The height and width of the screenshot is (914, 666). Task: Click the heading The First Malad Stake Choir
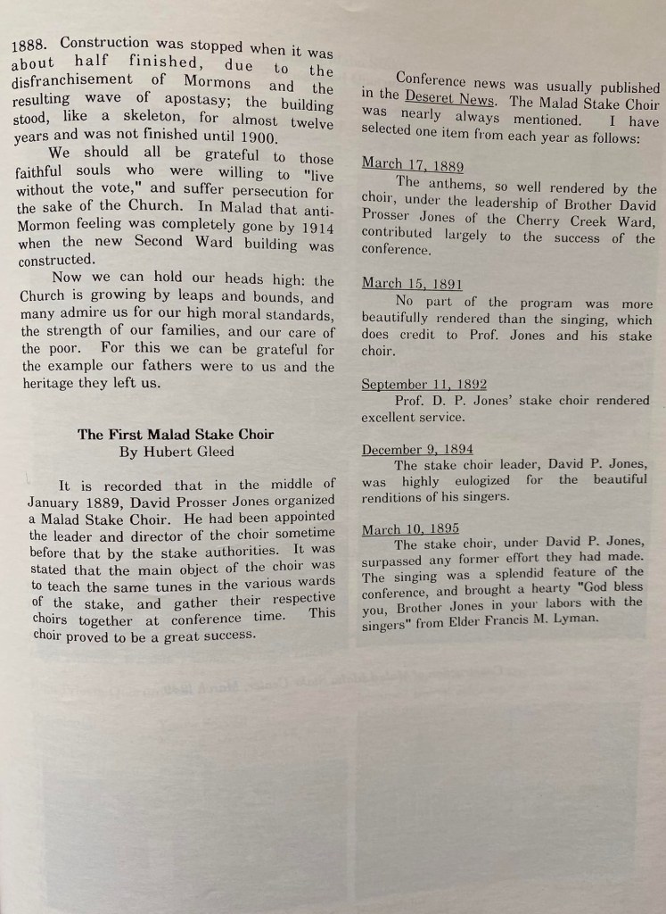[x=175, y=435]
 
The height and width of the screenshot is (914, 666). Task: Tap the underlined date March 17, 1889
[x=412, y=166]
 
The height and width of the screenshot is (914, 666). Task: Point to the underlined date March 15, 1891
[x=412, y=284]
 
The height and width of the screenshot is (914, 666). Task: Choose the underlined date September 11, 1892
[x=423, y=385]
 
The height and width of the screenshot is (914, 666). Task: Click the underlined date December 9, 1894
[x=417, y=450]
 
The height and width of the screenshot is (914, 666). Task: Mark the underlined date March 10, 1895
[x=410, y=529]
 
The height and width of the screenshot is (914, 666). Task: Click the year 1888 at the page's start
[x=31, y=45]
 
